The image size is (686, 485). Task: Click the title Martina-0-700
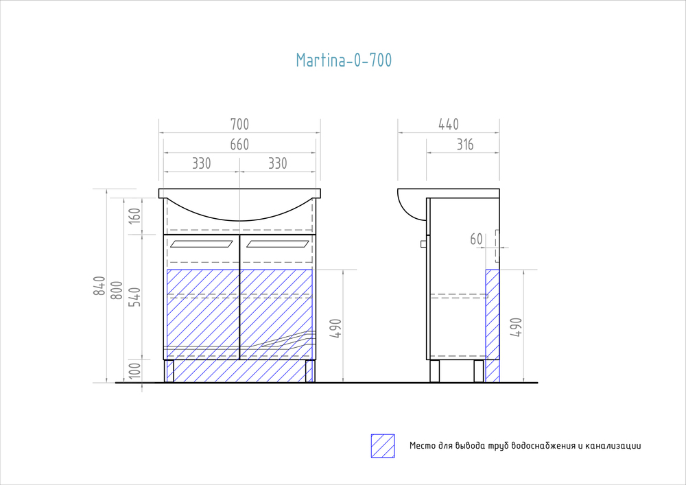click(344, 60)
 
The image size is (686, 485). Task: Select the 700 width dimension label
click(239, 124)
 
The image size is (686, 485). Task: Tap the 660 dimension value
click(239, 144)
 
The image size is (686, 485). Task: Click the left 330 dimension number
click(202, 163)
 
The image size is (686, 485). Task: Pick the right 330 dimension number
click(278, 163)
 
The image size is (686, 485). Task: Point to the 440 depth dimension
click(449, 124)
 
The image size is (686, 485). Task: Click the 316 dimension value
click(465, 144)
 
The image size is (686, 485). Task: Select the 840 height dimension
click(99, 285)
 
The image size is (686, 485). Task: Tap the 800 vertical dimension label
click(117, 290)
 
